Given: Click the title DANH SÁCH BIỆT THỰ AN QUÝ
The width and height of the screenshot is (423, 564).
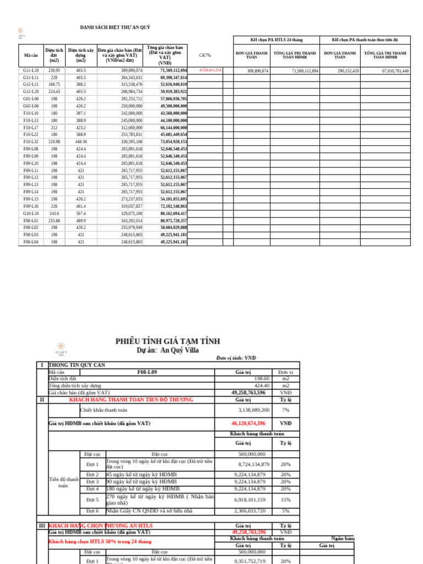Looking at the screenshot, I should point(115,27).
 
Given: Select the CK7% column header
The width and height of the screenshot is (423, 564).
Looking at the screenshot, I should point(205,55).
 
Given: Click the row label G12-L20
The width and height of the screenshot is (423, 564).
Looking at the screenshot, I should point(31,91).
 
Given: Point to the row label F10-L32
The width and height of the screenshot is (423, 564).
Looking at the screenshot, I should point(31,142).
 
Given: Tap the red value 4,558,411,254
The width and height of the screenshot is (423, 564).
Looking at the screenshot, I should point(210,70).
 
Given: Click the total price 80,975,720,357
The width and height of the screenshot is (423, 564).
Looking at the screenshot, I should point(174,220).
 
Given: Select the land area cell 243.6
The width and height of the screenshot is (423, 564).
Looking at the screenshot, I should point(54,213).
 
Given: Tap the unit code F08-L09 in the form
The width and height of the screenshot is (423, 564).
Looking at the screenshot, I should point(147,372).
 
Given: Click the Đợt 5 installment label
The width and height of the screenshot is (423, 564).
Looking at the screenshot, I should point(93,500).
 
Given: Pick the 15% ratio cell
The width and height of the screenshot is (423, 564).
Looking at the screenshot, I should point(285,500).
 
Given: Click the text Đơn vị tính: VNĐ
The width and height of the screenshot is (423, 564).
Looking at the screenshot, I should point(236,358).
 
